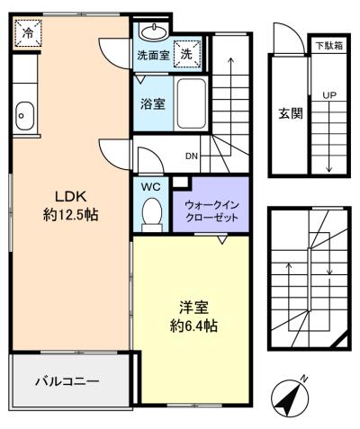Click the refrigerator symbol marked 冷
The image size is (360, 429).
28,33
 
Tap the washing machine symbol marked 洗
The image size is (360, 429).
187,54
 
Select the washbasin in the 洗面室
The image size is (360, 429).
154,31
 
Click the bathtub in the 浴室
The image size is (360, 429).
192,104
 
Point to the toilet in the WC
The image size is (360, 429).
151,214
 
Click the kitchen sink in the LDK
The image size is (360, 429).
24,116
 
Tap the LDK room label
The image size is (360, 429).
70,197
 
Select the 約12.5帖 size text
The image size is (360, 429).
70,215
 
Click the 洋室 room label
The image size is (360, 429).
193,308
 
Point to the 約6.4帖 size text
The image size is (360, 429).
193,326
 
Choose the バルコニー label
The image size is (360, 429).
67,381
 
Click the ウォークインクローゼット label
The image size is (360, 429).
211,211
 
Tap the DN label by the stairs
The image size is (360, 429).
192,156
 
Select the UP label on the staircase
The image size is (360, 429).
329,95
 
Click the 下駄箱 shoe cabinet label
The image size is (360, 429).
329,46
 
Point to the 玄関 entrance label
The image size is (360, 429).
291,113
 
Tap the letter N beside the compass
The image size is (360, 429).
304,379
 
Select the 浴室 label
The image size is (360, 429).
153,103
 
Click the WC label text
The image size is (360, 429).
151,187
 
